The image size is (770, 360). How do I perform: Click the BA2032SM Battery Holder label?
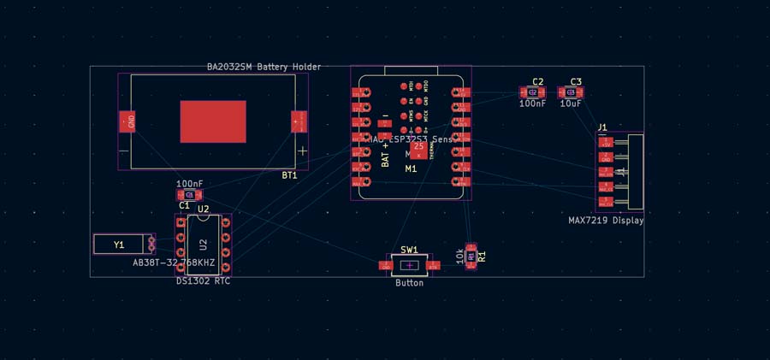[264, 66]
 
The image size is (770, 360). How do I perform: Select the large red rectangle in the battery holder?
[213, 121]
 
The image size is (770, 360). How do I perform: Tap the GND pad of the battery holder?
[127, 121]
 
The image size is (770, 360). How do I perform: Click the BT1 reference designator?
[289, 175]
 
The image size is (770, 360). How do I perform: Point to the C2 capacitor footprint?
[532, 91]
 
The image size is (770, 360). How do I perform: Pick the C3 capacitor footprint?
[570, 91]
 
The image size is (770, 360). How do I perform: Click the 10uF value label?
[571, 103]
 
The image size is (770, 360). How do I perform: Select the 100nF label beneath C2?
[532, 103]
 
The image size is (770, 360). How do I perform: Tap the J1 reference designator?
[602, 127]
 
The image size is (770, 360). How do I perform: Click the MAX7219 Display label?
[606, 221]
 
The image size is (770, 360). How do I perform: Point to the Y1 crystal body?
[120, 245]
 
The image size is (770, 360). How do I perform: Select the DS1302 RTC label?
[203, 280]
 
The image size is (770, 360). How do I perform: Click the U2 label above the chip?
[203, 209]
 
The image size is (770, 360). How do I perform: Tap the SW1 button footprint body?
[409, 265]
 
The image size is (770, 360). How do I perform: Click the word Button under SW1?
[409, 283]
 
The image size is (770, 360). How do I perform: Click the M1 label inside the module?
[411, 168]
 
